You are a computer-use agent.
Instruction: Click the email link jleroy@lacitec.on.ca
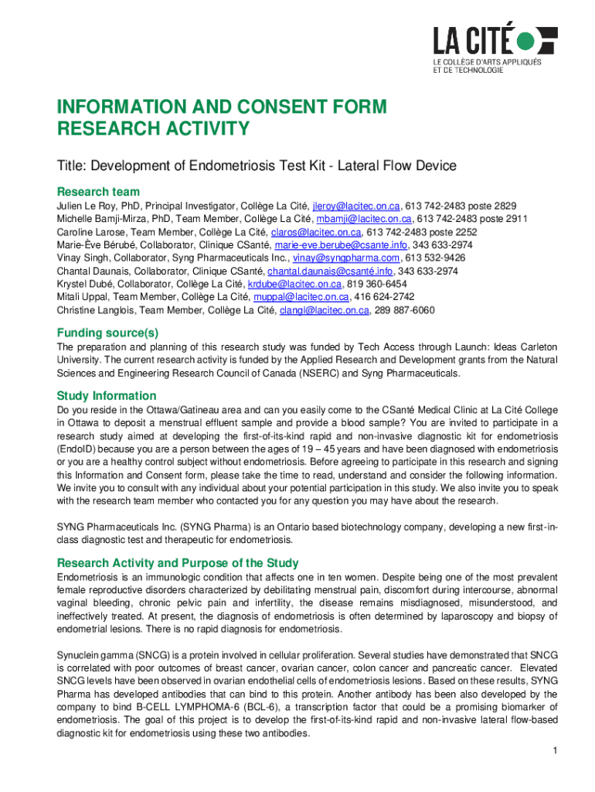(x=356, y=206)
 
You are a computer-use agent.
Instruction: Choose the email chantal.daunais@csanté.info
(x=330, y=271)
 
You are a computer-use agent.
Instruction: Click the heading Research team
(x=98, y=191)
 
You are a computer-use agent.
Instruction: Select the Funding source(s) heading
(x=107, y=333)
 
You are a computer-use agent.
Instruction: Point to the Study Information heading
(x=107, y=396)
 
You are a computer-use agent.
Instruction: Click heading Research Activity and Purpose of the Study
(x=178, y=563)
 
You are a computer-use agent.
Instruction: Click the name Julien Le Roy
(x=88, y=206)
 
